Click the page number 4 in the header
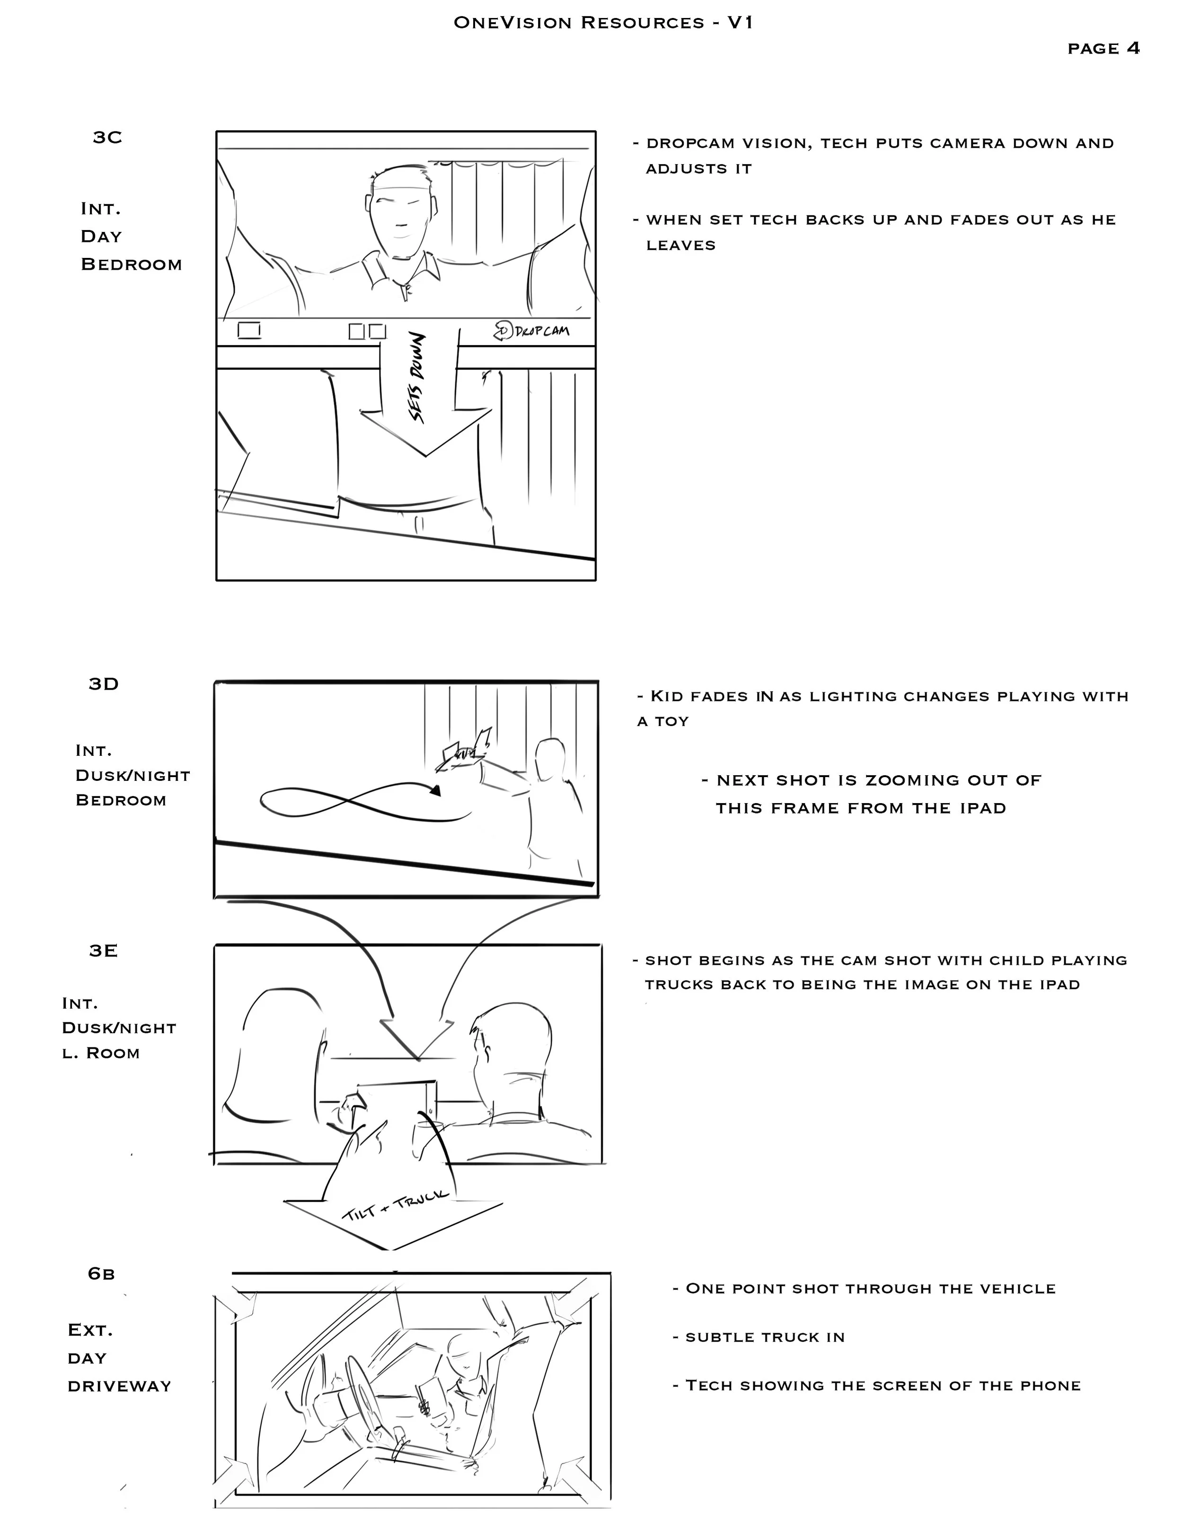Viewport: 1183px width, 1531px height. [x=1133, y=48]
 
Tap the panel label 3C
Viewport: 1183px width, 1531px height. [x=107, y=137]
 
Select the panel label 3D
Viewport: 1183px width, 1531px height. [x=104, y=684]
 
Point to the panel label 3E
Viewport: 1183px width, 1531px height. [x=103, y=951]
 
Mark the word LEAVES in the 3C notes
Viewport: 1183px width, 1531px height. [x=680, y=245]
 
